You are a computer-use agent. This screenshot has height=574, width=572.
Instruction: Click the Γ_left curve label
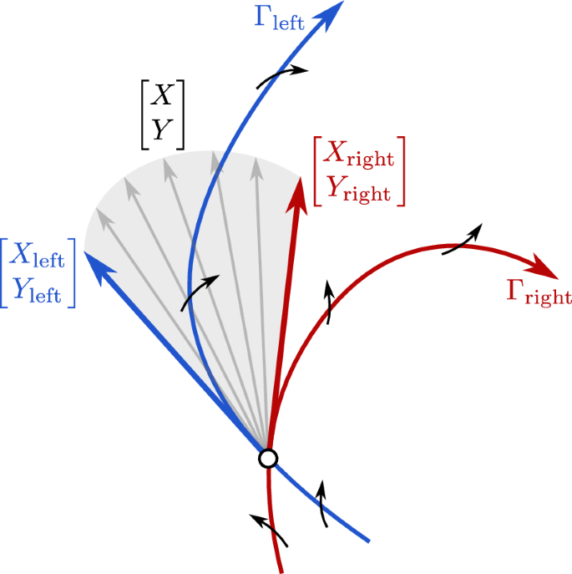tap(280, 18)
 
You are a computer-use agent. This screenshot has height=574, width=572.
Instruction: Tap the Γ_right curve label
tap(539, 292)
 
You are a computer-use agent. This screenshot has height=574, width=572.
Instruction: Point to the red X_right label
tap(357, 155)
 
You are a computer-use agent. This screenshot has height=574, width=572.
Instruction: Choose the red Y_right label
tap(357, 190)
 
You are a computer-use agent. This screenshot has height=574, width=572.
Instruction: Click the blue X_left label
tap(37, 258)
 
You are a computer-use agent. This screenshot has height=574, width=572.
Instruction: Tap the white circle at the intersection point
tap(267, 458)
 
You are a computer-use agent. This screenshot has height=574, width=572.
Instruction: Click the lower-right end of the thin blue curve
tap(368, 540)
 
